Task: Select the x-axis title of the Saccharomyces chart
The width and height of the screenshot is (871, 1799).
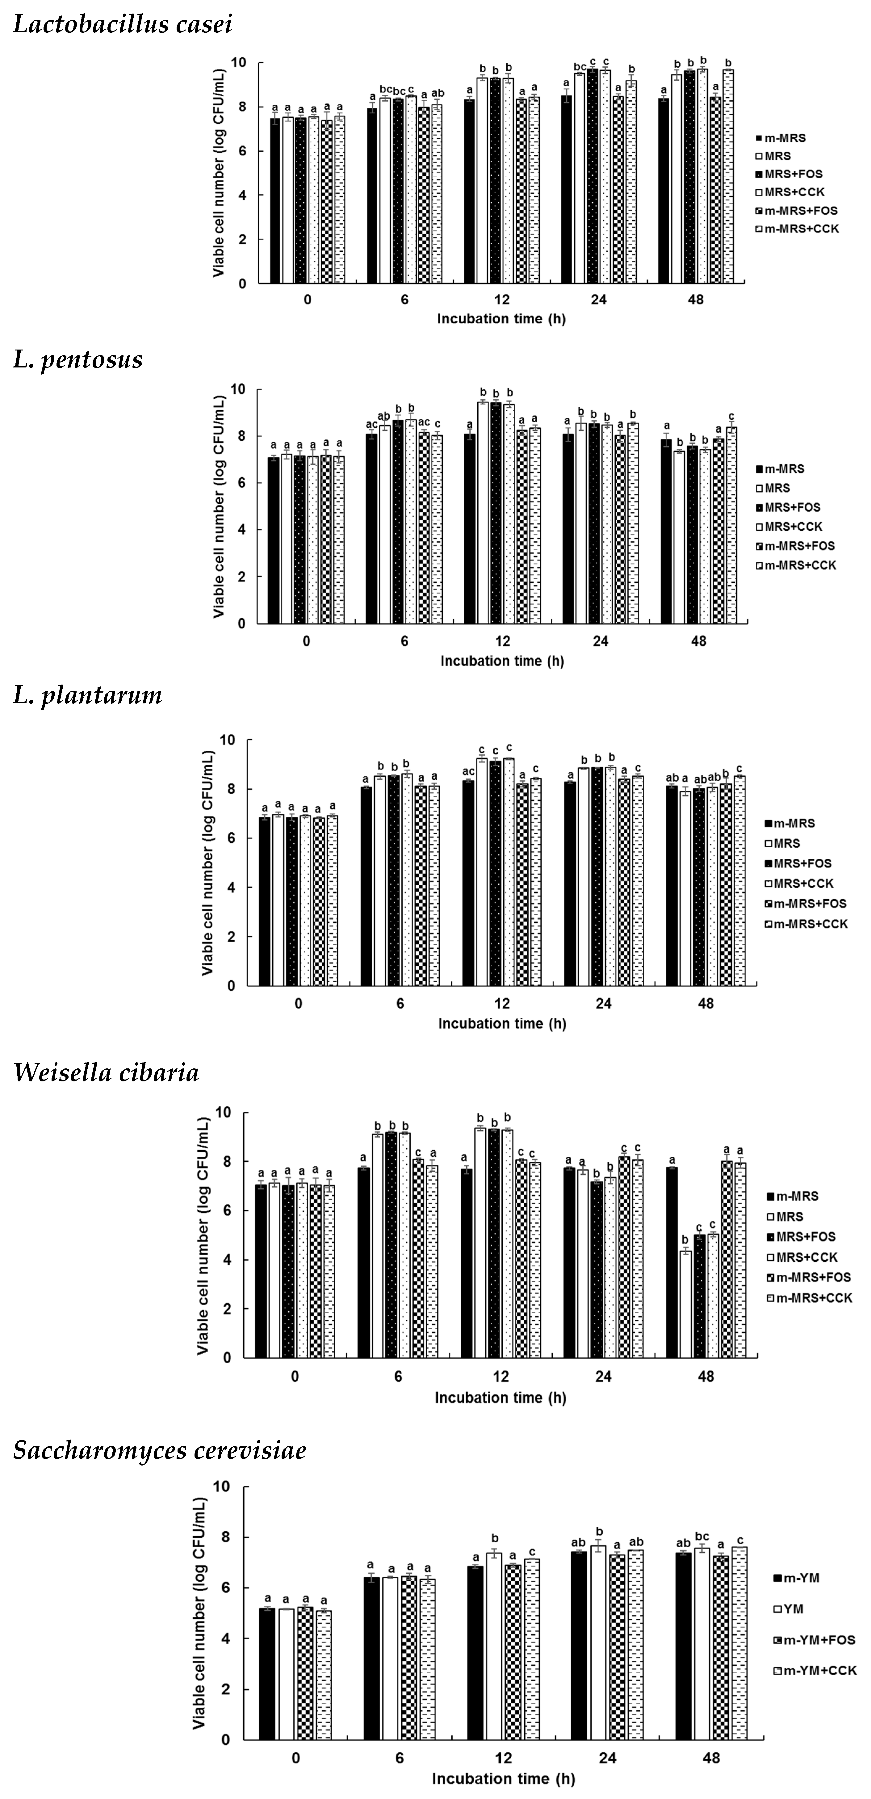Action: point(503,1779)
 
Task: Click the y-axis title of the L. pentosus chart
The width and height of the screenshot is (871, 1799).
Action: point(219,506)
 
